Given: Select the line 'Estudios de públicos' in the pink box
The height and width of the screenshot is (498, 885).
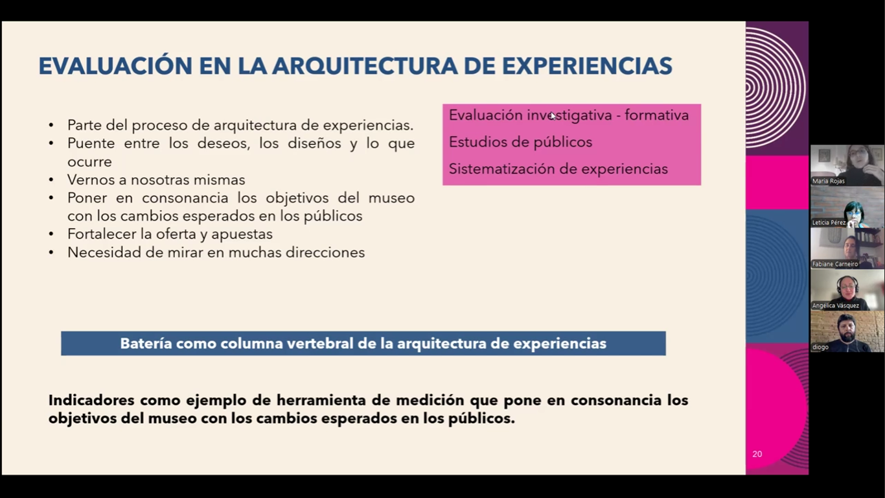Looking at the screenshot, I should point(520,142).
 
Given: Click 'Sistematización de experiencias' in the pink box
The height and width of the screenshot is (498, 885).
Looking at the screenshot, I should point(558,169).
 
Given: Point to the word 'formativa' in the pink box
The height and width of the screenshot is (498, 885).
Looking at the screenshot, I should point(656,115).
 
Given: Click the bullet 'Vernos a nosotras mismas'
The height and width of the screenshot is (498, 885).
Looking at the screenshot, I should point(156,180).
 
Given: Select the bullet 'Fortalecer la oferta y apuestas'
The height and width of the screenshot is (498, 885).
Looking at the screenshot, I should point(170,234).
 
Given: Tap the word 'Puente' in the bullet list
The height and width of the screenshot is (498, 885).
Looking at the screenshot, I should point(91,143).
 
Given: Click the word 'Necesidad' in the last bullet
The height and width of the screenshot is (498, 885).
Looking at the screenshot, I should point(104,252).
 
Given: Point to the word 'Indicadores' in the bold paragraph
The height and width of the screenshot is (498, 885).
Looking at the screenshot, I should point(91,400).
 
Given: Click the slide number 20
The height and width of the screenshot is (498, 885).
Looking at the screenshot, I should point(757,454).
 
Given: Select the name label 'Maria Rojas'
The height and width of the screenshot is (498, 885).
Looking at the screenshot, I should point(829,181).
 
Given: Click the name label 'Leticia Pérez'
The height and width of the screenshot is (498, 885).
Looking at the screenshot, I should point(829,222).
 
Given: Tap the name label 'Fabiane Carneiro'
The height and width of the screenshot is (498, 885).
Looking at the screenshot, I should point(835,264).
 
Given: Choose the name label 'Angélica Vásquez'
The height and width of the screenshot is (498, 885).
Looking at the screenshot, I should point(836,305).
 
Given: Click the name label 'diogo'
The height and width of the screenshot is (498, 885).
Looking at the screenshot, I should point(820,347).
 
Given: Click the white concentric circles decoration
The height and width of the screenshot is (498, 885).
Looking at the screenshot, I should point(776,88).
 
